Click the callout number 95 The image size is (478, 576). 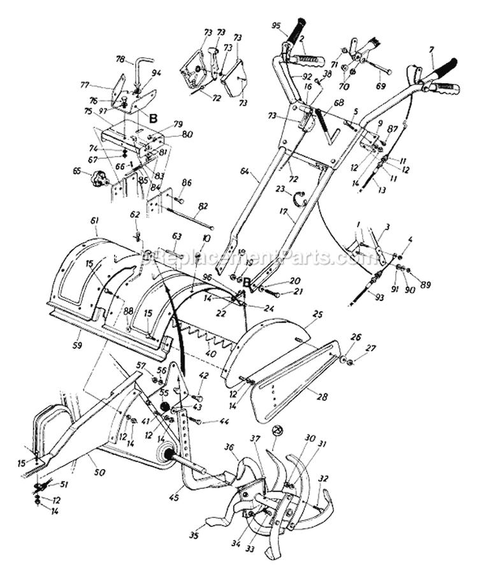275,26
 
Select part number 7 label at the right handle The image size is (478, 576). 431,48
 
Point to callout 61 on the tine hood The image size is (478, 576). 95,220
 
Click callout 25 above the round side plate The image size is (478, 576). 318,315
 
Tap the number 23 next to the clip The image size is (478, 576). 279,188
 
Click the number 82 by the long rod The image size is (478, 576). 203,206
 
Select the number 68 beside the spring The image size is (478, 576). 338,102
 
